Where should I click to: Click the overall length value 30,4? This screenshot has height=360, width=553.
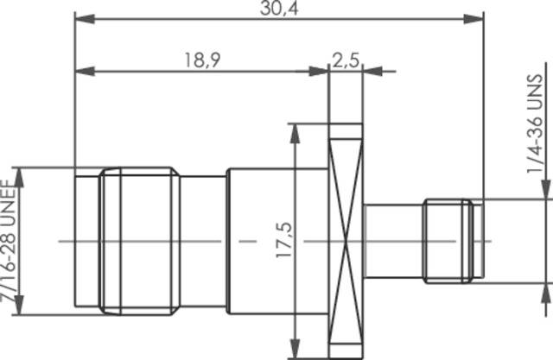pos(277,8)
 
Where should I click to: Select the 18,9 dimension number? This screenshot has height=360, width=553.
pos(200,60)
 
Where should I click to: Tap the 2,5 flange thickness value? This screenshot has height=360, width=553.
pos(346,60)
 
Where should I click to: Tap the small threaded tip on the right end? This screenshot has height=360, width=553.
pos(448,240)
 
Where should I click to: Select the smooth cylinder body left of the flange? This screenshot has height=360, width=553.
pos(259,240)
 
